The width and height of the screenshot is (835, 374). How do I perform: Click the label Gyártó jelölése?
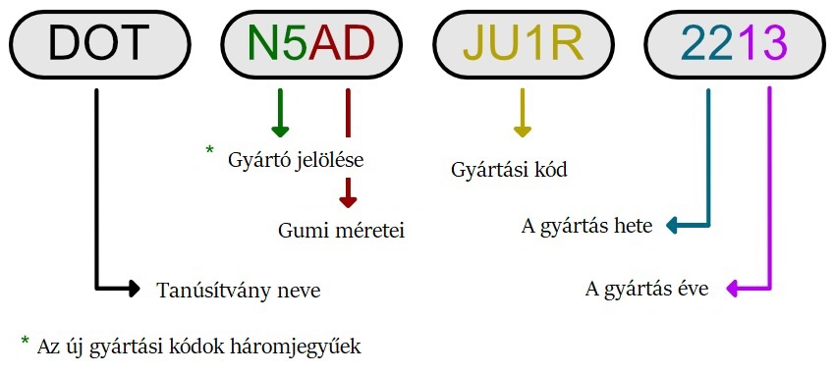296,159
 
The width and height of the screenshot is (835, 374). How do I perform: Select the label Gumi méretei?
342,231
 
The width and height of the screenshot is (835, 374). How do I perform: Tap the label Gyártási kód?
510,169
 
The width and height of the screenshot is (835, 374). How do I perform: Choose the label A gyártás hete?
586,227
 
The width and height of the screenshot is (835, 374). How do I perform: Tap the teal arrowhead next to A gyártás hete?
674,227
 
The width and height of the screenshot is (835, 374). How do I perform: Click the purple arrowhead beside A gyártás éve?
732,288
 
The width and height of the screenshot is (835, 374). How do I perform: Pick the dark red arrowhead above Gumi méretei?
348,198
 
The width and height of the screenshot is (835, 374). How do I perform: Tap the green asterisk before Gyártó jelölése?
209,150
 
